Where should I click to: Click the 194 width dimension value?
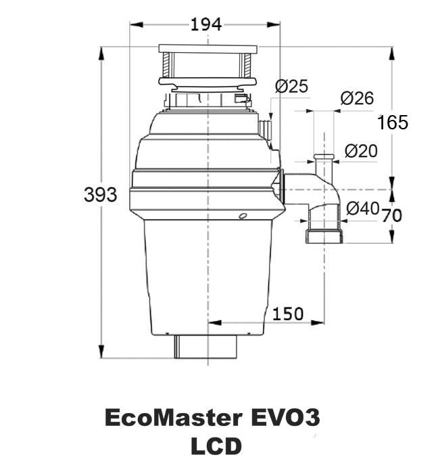pos(206,24)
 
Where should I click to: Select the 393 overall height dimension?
pos(100,194)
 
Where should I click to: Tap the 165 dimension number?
pos(393,123)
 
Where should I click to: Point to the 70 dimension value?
pos(392,215)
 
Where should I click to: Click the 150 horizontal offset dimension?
pos(287,314)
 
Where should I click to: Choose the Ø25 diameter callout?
pos(291,86)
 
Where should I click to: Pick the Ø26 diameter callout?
pos(357,98)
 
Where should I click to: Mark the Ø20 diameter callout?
pos(361,151)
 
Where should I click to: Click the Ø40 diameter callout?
pos(362,209)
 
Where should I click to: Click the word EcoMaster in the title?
pos(174,418)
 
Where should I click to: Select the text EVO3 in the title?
pos(285,418)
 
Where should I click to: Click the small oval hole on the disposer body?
pos(243,215)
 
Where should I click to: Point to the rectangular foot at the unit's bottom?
pos(205,347)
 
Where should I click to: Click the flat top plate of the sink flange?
pos(208,49)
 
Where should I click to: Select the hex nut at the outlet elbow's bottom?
pos(325,237)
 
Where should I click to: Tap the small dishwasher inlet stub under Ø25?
pos(265,127)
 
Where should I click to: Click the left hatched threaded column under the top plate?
pos(166,65)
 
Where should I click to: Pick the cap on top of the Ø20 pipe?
pos(324,156)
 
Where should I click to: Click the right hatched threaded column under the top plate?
pos(247,65)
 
